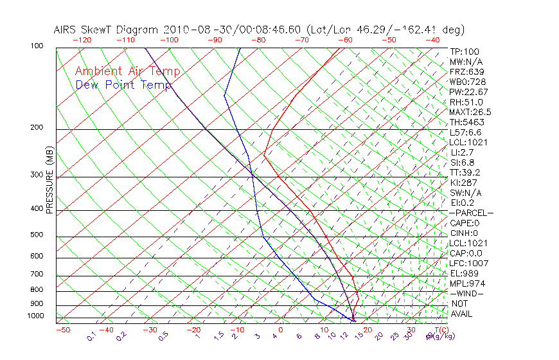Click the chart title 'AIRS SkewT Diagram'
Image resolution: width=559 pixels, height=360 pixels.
pyautogui.click(x=107, y=30)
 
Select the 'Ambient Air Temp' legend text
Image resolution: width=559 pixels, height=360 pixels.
pyautogui.click(x=127, y=71)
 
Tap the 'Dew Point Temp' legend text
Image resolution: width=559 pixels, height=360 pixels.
pyautogui.click(x=123, y=85)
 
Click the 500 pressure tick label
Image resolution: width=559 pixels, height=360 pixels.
pyautogui.click(x=38, y=235)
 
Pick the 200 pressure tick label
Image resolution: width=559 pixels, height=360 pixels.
pyautogui.click(x=38, y=128)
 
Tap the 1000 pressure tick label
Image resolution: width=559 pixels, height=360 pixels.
pyautogui.click(x=35, y=316)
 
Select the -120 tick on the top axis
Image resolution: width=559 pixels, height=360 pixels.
pyautogui.click(x=82, y=40)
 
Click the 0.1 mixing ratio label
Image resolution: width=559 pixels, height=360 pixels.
pyautogui.click(x=91, y=336)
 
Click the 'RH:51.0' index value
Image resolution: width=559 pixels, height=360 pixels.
pyautogui.click(x=466, y=102)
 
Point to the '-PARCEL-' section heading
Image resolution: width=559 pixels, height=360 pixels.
pyautogui.click(x=471, y=213)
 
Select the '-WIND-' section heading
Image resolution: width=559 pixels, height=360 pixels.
pyautogui.click(x=467, y=293)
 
